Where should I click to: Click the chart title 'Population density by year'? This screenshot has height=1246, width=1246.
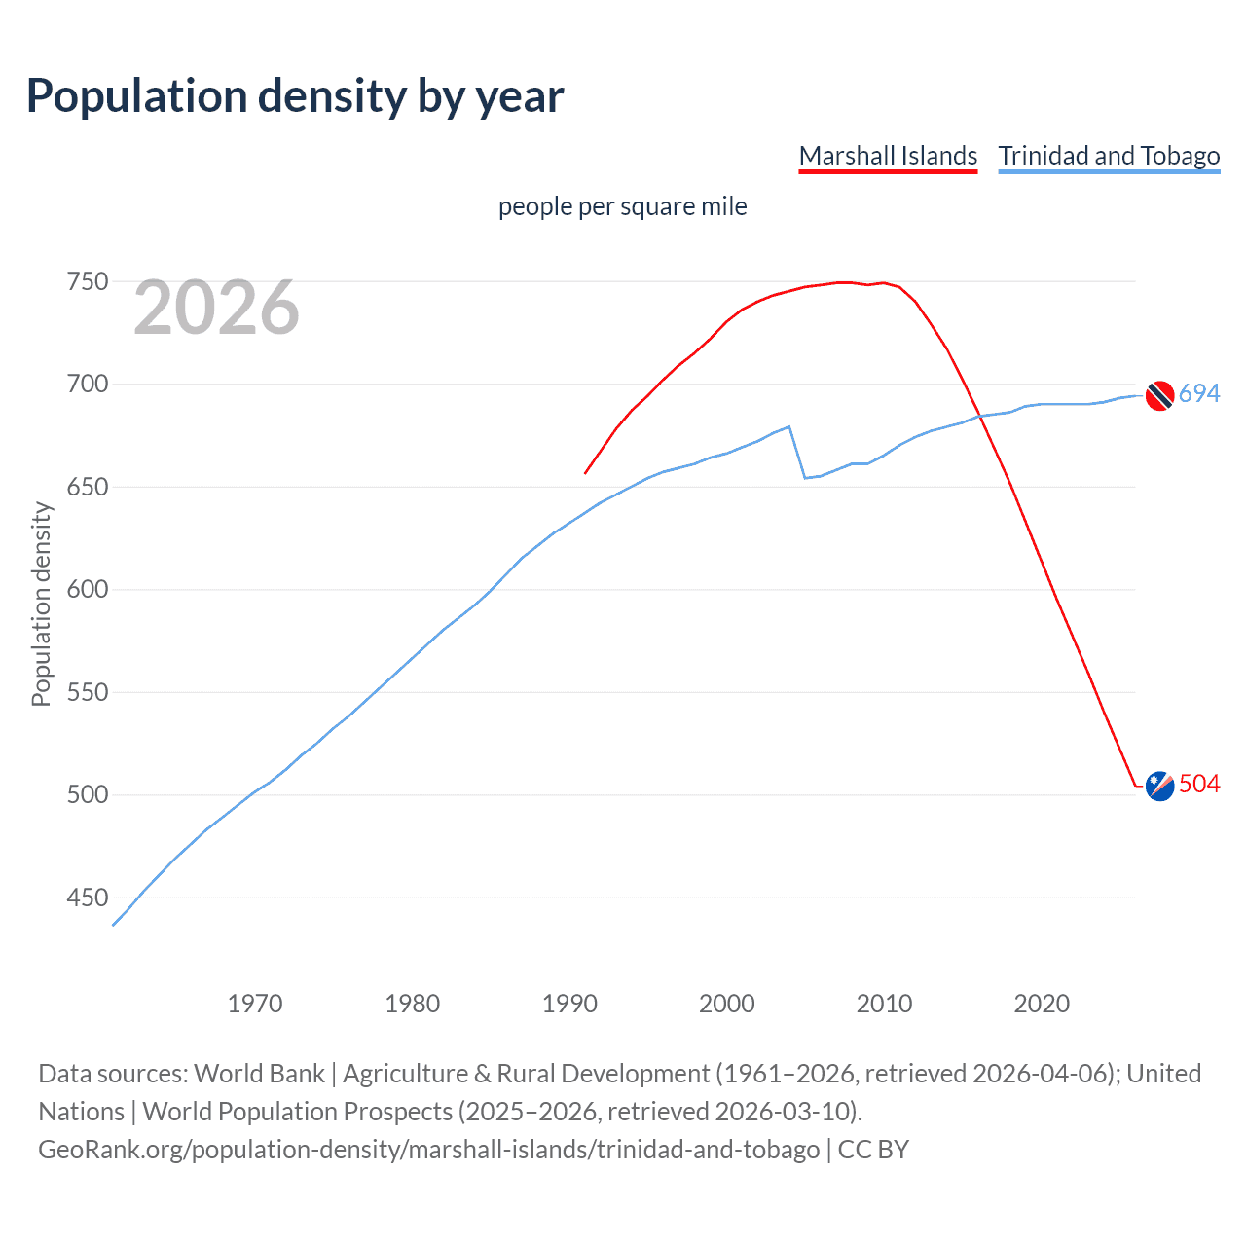coord(295,96)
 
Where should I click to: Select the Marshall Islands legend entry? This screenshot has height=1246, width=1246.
coord(888,156)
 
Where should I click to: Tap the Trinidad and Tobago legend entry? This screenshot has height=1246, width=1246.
coord(1109,156)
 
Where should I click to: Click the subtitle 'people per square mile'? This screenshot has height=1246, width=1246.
coord(623,206)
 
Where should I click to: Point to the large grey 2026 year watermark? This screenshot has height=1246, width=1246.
coord(216,308)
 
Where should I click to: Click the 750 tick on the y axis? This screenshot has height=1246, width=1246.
coord(87,282)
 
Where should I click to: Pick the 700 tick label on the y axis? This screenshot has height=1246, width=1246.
coord(87,385)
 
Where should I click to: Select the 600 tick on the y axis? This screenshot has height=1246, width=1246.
coord(87,590)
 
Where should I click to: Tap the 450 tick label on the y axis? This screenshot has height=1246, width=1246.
coord(87,898)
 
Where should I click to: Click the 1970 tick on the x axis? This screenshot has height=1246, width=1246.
coord(255,1004)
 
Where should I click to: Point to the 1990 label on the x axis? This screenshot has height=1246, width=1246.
coord(569,1004)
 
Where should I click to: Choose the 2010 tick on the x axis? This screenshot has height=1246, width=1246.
coord(884,1004)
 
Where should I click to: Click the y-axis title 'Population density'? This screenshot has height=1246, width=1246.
coord(41,604)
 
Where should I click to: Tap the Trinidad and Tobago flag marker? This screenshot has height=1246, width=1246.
coord(1159,395)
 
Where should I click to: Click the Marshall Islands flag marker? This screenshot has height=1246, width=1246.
coord(1159,786)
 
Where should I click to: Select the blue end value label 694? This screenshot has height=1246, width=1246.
coord(1199,393)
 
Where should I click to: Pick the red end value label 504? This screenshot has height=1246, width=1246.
coord(1199,784)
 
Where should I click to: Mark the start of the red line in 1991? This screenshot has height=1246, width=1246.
coord(585,473)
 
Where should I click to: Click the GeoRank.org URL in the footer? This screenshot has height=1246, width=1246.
coord(428,1150)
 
